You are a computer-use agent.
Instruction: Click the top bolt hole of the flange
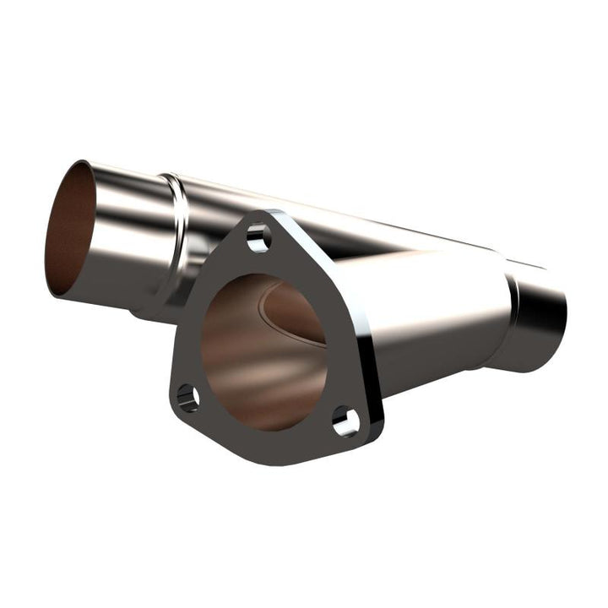[259, 238]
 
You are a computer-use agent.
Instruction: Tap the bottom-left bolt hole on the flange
[188, 398]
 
